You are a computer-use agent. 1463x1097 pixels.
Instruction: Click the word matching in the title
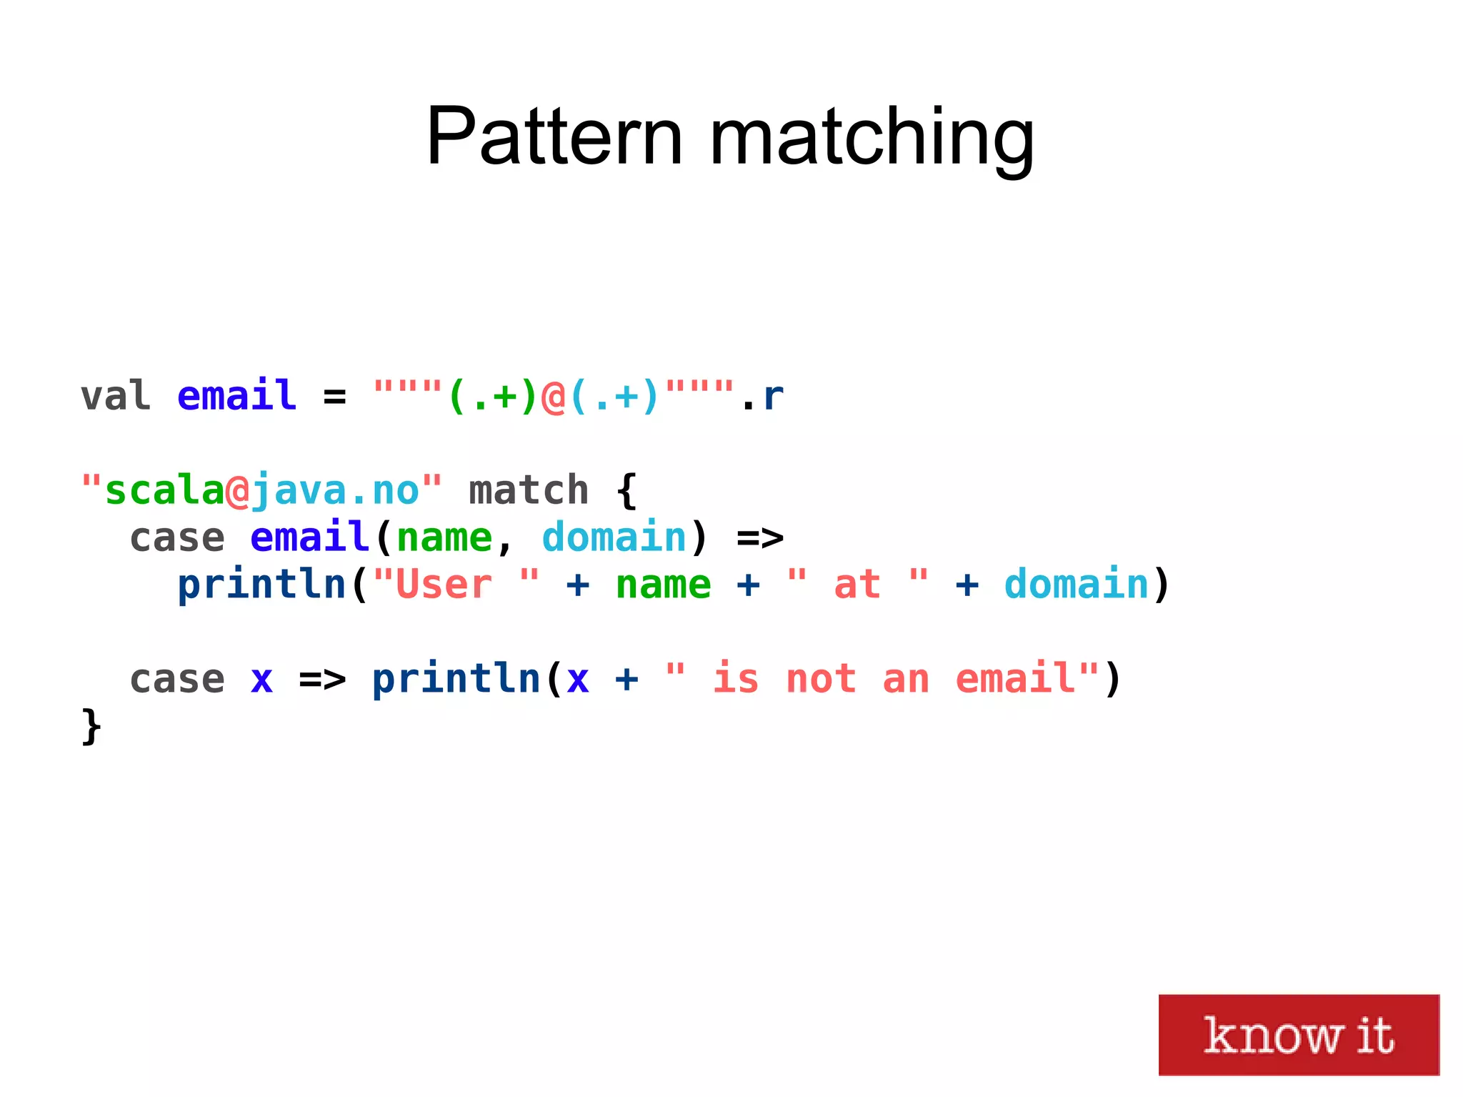(872, 137)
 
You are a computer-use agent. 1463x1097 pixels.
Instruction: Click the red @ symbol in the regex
(553, 397)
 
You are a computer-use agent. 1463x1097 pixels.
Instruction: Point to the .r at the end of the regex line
(764, 397)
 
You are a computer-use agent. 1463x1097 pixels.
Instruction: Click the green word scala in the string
(164, 490)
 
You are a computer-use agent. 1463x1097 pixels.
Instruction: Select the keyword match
(529, 490)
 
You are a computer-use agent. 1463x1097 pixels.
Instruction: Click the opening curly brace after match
(626, 490)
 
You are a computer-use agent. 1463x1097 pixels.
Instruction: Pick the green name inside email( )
(444, 537)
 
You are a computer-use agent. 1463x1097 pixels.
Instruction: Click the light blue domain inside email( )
(614, 537)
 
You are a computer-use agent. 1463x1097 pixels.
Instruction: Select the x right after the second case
(261, 679)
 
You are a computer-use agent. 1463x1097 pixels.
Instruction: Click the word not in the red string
(821, 679)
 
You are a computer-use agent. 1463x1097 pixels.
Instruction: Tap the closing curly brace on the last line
(91, 726)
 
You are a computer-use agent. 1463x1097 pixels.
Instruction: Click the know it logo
(1298, 1034)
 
